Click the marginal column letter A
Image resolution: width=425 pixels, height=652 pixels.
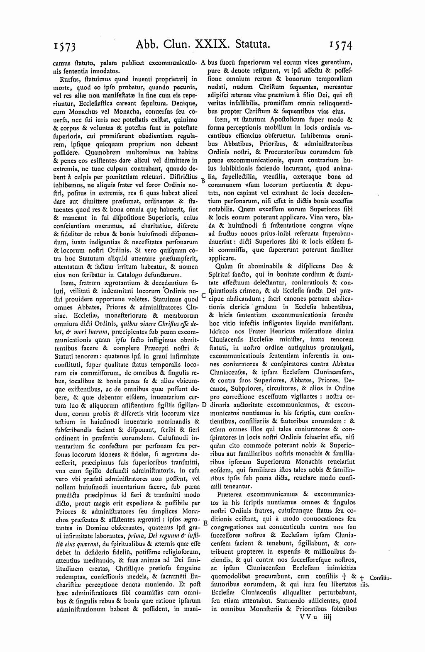[x=203, y=63]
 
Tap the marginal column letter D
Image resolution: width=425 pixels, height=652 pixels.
[x=203, y=404]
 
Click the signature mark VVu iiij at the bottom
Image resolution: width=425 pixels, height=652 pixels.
[x=314, y=617]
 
